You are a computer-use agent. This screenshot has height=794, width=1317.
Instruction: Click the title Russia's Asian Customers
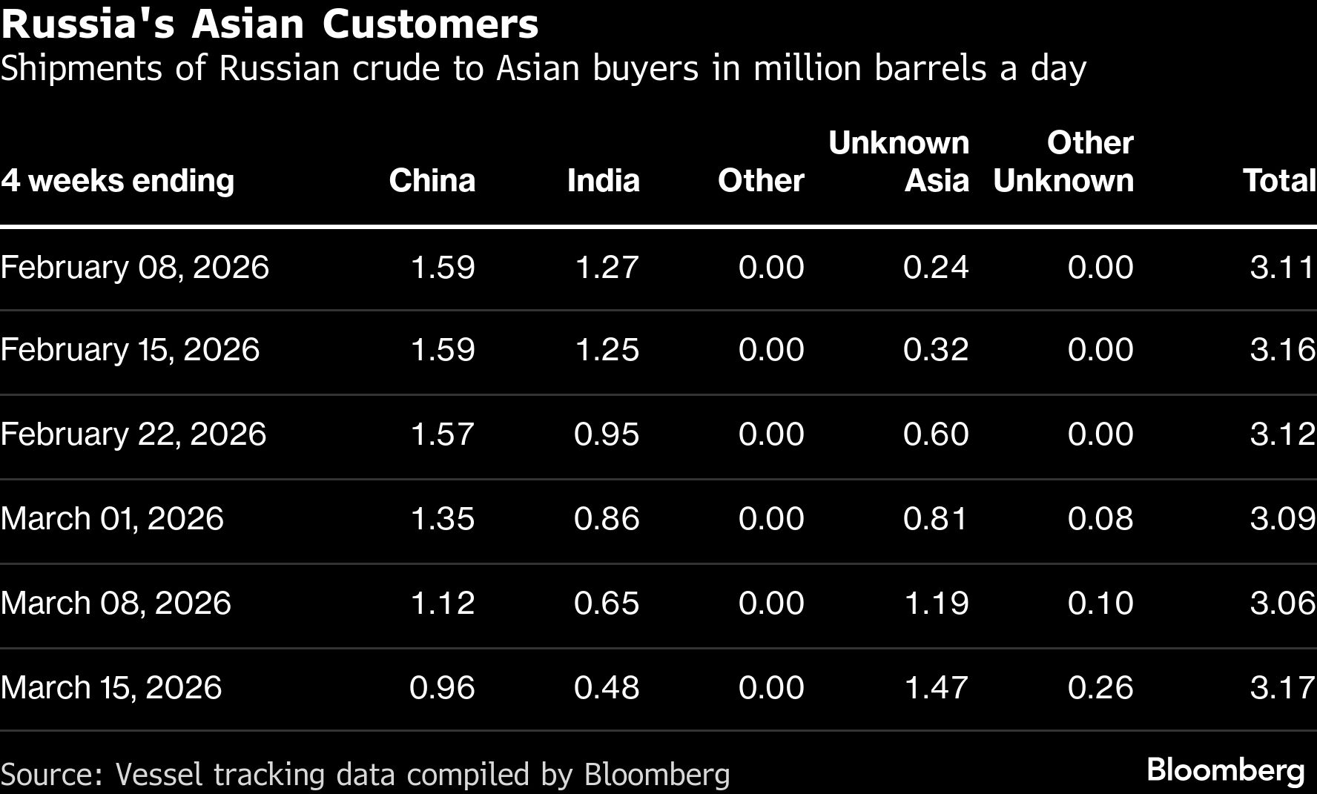click(270, 24)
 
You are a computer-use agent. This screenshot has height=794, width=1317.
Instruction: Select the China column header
click(432, 181)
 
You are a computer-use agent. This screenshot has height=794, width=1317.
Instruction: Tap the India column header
click(603, 181)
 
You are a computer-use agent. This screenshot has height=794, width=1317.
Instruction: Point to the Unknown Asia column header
click(899, 162)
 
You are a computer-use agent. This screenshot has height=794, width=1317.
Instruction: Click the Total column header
click(1278, 181)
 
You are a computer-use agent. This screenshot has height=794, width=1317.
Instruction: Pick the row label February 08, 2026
click(134, 268)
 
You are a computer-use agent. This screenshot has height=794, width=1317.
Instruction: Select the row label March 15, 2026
click(111, 687)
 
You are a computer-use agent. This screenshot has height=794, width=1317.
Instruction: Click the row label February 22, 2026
click(133, 434)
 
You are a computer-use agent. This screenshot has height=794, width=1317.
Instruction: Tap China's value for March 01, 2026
click(442, 518)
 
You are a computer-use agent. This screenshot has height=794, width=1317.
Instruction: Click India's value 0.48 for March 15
click(606, 687)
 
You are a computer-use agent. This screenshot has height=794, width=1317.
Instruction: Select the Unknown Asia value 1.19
click(936, 603)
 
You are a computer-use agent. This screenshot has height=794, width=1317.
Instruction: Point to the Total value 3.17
click(1282, 687)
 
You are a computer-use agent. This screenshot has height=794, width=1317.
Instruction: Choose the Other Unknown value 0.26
click(1100, 687)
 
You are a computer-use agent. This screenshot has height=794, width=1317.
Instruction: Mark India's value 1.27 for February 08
click(607, 268)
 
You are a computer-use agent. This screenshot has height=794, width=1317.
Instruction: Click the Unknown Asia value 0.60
click(936, 434)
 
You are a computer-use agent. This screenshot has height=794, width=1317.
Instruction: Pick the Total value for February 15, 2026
click(1282, 350)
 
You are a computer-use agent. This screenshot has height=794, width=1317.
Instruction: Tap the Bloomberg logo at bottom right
click(1225, 770)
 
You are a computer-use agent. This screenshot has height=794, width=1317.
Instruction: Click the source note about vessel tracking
click(366, 775)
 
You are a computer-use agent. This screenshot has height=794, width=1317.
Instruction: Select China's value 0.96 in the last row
click(442, 687)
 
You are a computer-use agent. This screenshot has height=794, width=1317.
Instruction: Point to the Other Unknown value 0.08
click(1100, 518)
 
